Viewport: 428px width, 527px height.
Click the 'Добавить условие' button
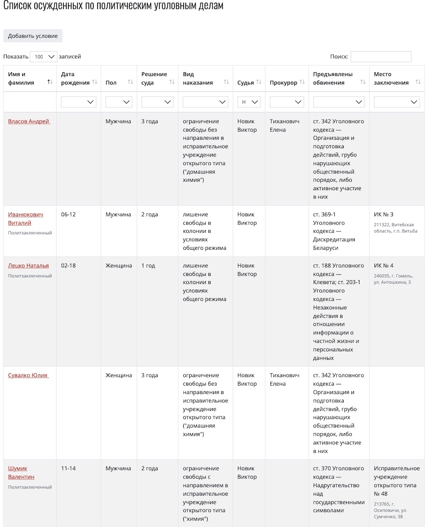pyautogui.click(x=33, y=36)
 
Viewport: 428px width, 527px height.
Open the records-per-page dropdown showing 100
pyautogui.click(x=44, y=57)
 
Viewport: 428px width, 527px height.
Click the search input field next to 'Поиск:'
pyautogui.click(x=381, y=57)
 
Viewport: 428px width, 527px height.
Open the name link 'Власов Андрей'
pyautogui.click(x=29, y=121)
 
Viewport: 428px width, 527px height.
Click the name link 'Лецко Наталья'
pyautogui.click(x=28, y=266)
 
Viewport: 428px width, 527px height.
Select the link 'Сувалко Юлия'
pyautogui.click(x=28, y=375)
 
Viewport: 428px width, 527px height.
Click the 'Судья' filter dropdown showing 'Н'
pyautogui.click(x=249, y=102)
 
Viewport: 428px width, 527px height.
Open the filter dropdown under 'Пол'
pyautogui.click(x=119, y=102)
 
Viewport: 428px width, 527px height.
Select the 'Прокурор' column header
pyautogui.click(x=283, y=83)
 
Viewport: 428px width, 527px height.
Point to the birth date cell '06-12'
pyautogui.click(x=68, y=214)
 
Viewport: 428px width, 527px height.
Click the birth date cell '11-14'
pyautogui.click(x=68, y=468)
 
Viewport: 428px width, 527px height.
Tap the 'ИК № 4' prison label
pyautogui.click(x=383, y=266)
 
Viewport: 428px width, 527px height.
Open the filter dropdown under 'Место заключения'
pyautogui.click(x=397, y=102)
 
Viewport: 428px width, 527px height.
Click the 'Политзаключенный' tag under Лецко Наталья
pyautogui.click(x=30, y=276)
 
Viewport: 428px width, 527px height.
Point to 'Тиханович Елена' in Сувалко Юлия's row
pyautogui.click(x=285, y=380)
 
